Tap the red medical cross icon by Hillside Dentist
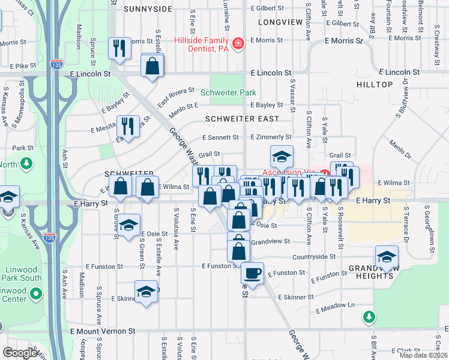pyautogui.click(x=238, y=44)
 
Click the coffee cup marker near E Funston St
pyautogui.click(x=252, y=273)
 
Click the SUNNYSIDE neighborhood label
pyautogui.click(x=148, y=9)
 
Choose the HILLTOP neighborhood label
pyautogui.click(x=374, y=85)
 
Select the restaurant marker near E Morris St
pyautogui.click(x=118, y=47)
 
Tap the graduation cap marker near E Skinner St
pyautogui.click(x=145, y=292)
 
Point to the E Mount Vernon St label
pyautogui.click(x=103, y=331)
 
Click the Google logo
pyautogui.click(x=19, y=353)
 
